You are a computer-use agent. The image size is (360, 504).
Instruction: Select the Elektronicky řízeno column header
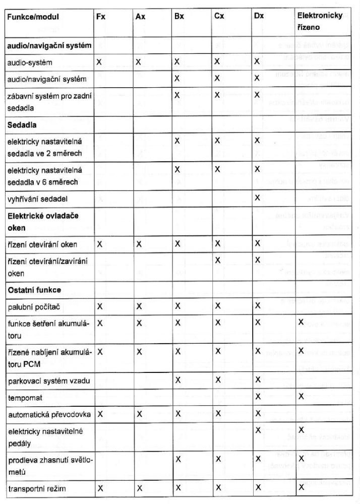coord(320,21)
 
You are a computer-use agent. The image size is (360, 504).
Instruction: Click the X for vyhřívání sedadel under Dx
coord(257,198)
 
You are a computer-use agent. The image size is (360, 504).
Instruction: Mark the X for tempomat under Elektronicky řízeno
coord(301,397)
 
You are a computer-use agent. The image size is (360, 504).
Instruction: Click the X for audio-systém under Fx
coord(99,62)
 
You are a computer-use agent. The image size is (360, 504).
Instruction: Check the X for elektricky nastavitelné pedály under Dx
coord(257,430)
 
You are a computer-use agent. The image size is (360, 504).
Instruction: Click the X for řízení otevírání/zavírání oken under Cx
coord(217,261)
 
